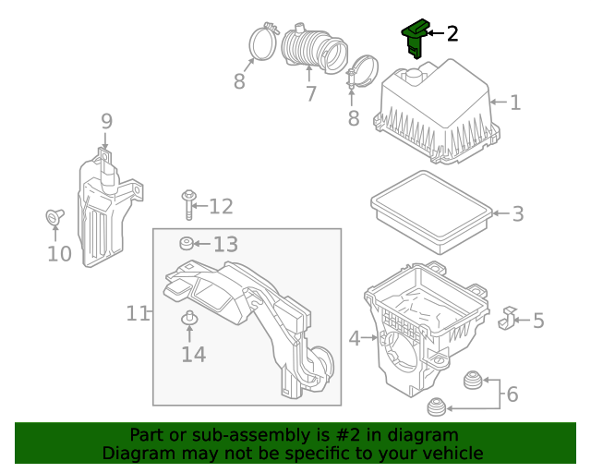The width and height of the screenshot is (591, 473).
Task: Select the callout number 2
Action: click(452, 34)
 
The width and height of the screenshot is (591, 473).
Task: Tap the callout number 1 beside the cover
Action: click(515, 102)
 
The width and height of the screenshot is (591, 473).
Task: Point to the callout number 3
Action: click(517, 214)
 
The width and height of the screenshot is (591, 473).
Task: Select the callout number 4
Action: click(355, 339)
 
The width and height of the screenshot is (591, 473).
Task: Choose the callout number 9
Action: click(106, 121)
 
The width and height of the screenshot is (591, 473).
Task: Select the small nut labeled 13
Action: click(186, 244)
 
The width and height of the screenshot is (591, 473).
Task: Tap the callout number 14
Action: click(193, 353)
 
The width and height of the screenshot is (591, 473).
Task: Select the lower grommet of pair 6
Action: click(435, 406)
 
